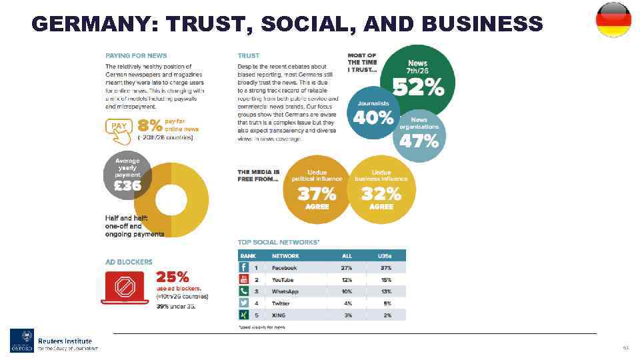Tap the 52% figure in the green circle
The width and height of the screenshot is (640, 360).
click(x=418, y=87)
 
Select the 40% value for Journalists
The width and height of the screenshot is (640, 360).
click(x=373, y=118)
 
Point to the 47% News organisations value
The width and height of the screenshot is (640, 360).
click(x=419, y=141)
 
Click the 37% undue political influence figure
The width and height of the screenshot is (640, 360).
click(x=317, y=194)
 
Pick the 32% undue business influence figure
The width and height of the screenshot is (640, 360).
click(x=381, y=194)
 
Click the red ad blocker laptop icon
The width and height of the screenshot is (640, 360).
click(x=125, y=288)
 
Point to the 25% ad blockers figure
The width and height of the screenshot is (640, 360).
click(x=172, y=277)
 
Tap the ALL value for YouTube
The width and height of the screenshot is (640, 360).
click(x=347, y=279)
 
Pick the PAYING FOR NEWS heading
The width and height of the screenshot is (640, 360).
click(x=136, y=55)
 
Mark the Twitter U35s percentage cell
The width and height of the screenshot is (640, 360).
click(x=386, y=303)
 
